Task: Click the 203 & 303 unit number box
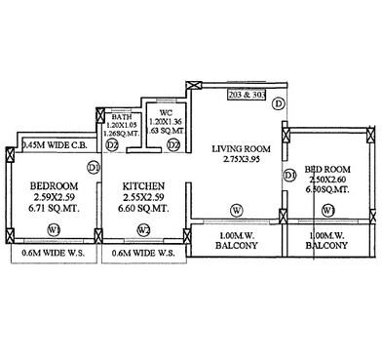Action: (x=246, y=96)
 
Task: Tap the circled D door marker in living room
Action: (x=278, y=103)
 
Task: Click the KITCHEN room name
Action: (x=142, y=185)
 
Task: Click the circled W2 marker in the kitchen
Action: (x=143, y=231)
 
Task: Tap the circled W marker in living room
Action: (x=236, y=211)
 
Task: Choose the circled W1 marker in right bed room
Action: (x=329, y=211)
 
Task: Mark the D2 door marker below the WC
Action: (x=172, y=145)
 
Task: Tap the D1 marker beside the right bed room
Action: (x=289, y=176)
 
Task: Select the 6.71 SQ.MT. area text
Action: (x=54, y=208)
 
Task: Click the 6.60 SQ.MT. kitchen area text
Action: (x=142, y=208)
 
